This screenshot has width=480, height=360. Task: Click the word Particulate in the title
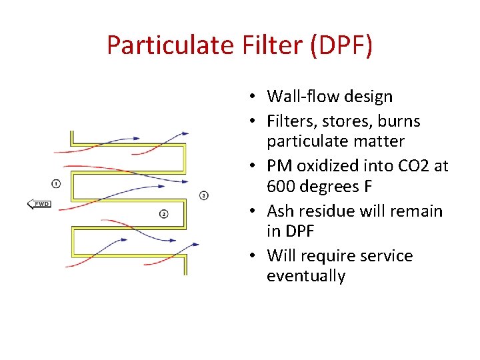tap(169, 45)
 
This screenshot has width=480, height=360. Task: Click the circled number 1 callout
tap(55, 183)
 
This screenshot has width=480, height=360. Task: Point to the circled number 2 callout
tap(164, 213)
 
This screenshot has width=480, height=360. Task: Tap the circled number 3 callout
tap(203, 195)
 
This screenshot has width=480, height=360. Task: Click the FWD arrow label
tap(39, 203)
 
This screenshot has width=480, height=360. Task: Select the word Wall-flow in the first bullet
tap(297, 97)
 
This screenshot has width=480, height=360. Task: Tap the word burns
tap(399, 121)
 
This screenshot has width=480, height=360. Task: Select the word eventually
tap(306, 276)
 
